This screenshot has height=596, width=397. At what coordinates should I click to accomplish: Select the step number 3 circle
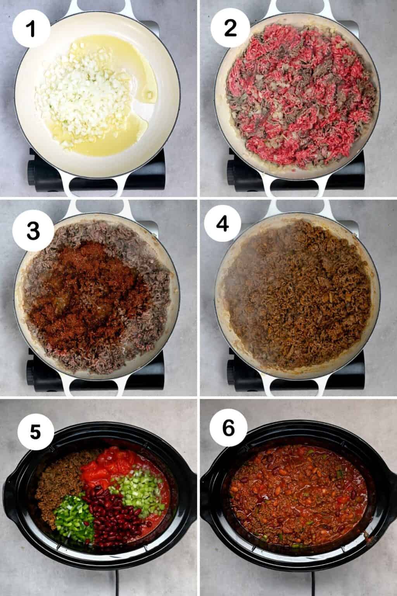click(32, 232)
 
